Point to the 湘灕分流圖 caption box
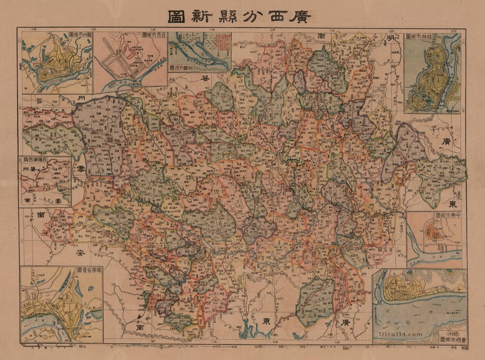[x=182, y=68]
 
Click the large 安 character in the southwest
[x=80, y=253]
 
